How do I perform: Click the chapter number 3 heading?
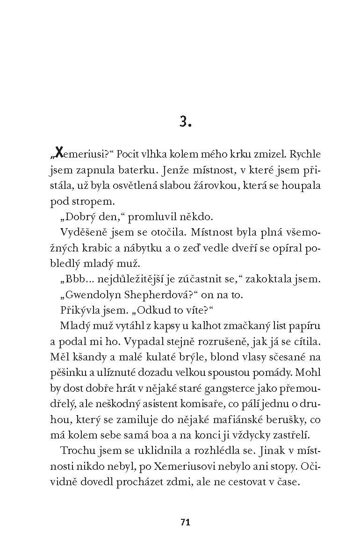click(x=185, y=122)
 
